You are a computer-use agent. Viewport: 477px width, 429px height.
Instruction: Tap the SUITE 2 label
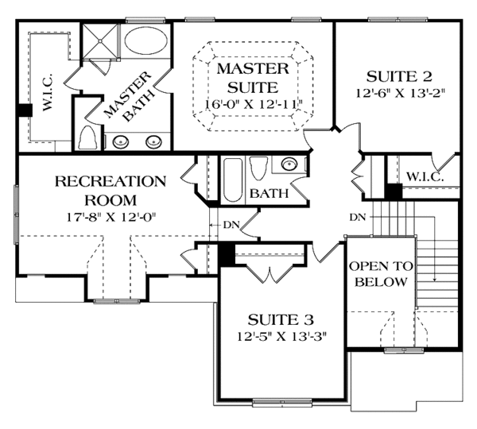(399, 77)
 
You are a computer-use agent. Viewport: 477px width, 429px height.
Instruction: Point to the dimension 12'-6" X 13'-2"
(399, 93)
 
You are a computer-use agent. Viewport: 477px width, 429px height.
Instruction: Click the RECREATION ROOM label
(111, 191)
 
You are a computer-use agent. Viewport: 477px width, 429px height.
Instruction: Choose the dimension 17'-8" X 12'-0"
(111, 215)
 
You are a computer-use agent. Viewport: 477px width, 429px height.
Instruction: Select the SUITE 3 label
(274, 319)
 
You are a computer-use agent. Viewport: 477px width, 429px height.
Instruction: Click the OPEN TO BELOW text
(379, 275)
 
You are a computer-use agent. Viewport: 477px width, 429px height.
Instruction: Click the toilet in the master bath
(87, 138)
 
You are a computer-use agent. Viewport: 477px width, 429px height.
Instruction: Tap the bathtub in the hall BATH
(232, 180)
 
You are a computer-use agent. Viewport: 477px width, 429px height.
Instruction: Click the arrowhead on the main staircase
(436, 279)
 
